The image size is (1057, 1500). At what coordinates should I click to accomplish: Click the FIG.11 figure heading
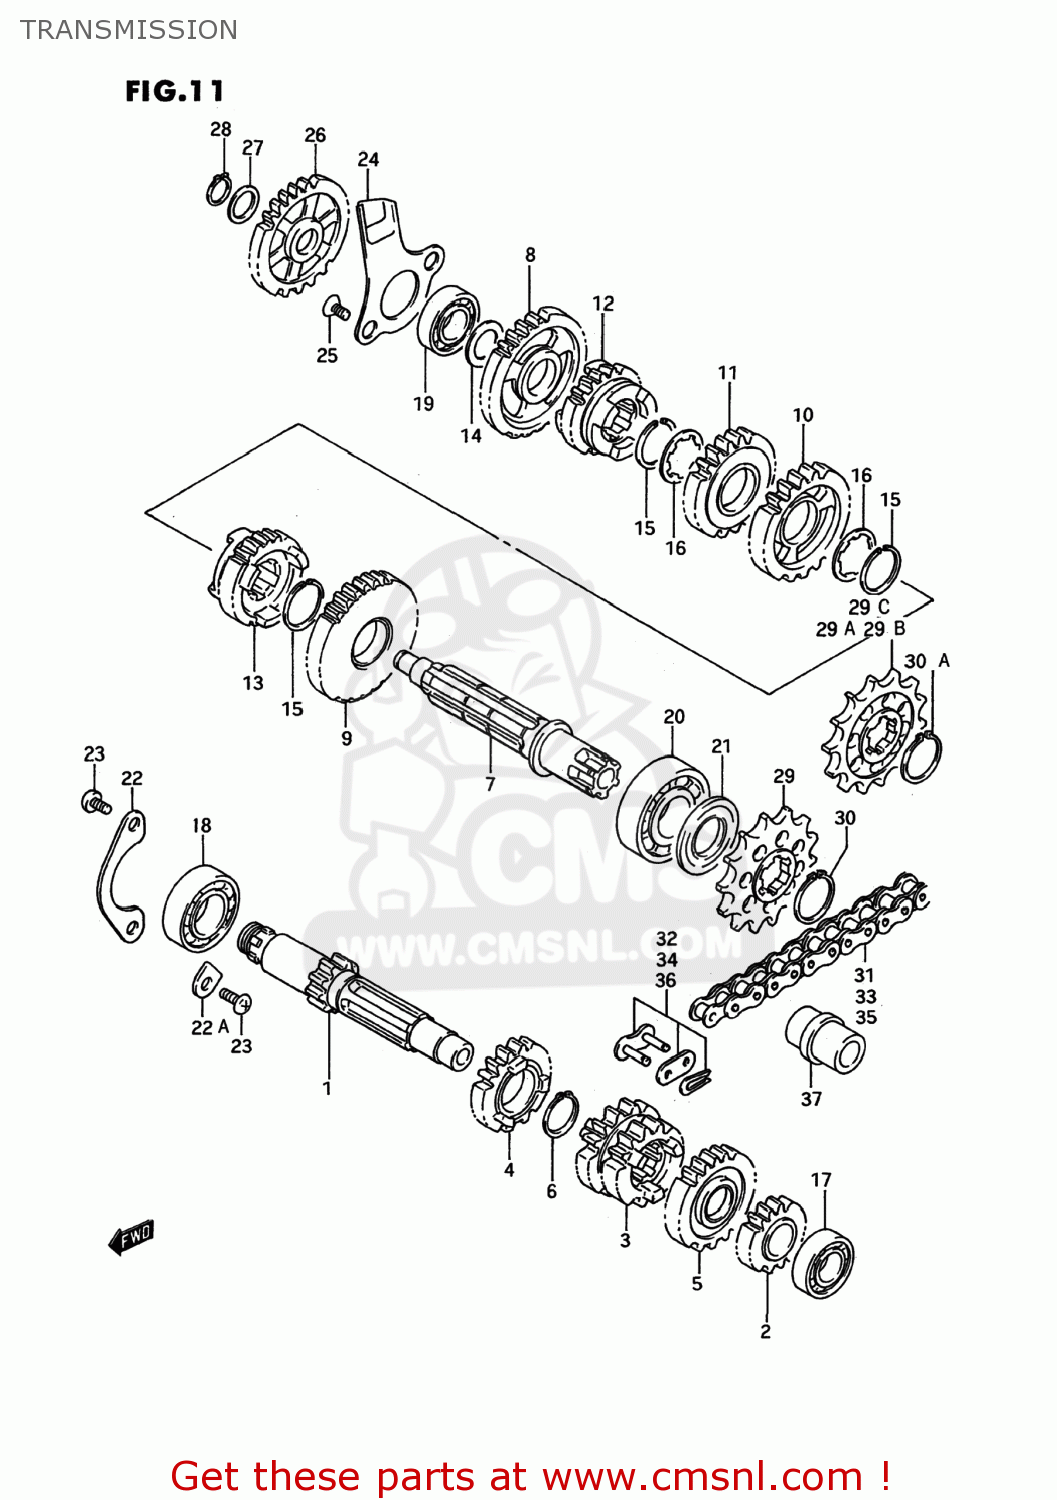175,91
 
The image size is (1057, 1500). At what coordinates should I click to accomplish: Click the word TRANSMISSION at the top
129,30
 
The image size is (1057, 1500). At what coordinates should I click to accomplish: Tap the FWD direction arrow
131,1237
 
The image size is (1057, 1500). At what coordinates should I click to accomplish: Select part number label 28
221,129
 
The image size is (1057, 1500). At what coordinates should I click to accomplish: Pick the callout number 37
811,1099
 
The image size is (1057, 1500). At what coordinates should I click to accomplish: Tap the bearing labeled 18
202,908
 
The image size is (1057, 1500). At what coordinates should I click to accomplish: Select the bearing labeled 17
823,1262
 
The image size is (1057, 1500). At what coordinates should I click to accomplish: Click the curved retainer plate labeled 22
120,880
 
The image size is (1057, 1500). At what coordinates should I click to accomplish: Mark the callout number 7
490,784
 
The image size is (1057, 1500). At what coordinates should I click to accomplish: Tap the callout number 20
674,717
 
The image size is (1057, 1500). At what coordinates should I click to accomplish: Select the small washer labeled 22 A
204,983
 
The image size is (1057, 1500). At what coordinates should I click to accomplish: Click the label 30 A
926,661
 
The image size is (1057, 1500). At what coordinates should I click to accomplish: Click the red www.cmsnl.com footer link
703,1476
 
